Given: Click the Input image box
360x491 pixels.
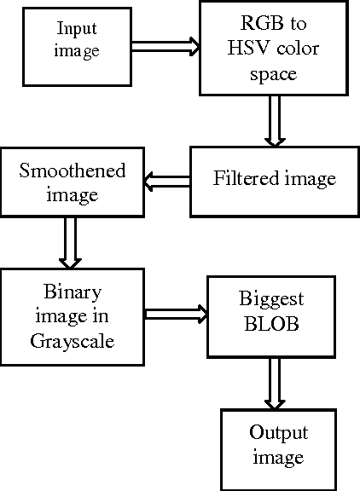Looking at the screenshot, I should [77, 41].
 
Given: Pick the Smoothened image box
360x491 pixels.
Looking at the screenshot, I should [73, 182].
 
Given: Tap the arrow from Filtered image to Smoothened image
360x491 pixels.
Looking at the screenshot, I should [167, 180].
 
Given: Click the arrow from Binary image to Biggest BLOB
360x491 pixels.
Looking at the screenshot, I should [176, 315].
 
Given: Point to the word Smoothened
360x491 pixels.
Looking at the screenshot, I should [72, 170].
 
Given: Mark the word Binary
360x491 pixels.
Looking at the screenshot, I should [73, 294].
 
